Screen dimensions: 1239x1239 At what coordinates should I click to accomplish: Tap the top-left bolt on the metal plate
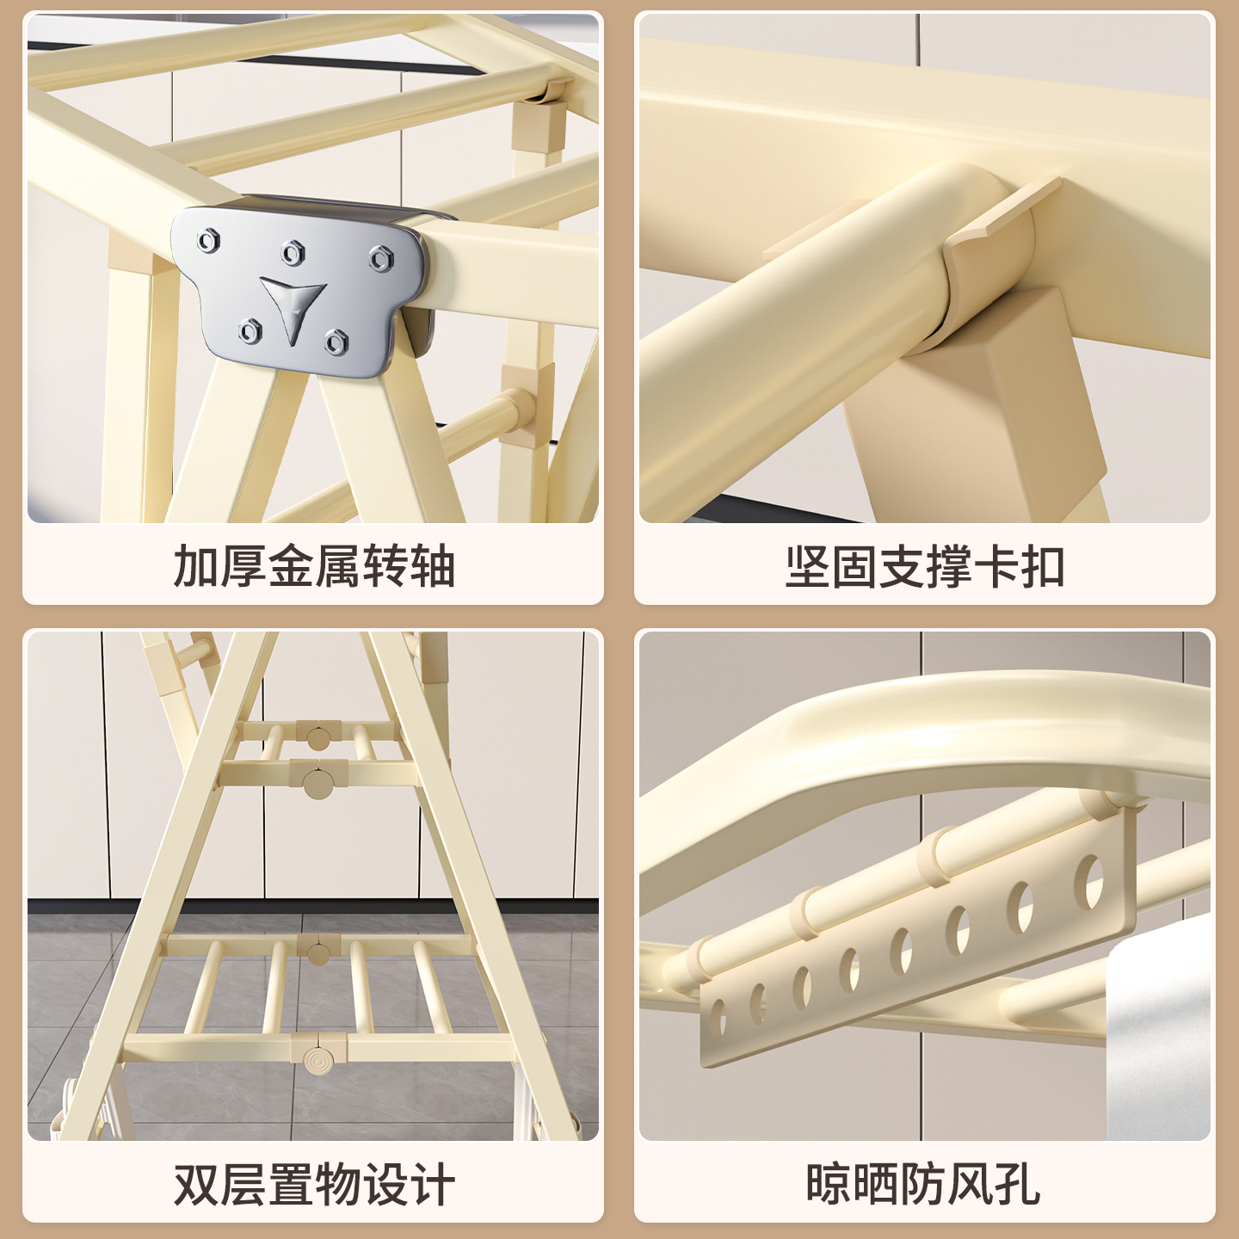pos(208,240)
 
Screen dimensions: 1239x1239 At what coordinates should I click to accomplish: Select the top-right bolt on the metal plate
pos(381,257)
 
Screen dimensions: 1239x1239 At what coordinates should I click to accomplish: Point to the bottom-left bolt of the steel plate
pos(250,330)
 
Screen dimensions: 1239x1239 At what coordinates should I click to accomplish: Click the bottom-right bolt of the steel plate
pos(336,342)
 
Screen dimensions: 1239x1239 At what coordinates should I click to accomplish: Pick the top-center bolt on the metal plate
pos(294,252)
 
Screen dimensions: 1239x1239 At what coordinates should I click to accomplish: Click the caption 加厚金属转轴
pos(314,567)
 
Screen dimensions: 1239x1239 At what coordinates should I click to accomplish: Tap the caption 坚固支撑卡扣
pos(925,567)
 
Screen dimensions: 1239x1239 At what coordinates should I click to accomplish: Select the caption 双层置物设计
pos(314,1185)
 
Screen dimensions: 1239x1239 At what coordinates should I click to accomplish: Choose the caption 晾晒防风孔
pos(923,1185)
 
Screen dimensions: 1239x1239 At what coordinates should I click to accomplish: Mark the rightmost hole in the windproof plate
pos(1094,883)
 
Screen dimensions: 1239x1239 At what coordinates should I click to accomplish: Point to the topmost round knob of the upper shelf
pos(317,737)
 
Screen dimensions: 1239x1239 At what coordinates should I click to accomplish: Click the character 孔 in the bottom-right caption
pos(1018,1185)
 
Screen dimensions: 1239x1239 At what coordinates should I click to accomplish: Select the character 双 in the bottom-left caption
pos(197,1185)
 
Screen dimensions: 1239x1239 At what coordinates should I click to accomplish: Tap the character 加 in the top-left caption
pos(197,567)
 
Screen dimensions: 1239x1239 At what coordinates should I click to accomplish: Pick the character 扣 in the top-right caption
pos(1042,567)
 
